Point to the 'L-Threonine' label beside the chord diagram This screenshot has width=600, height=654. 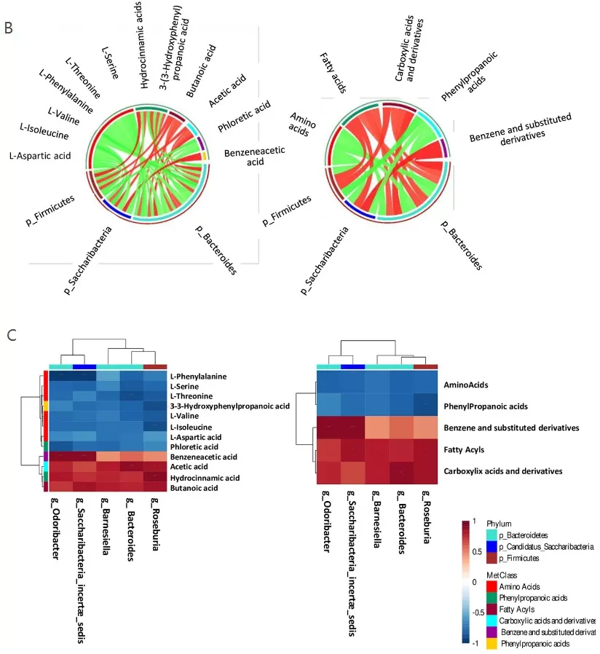[82, 77]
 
